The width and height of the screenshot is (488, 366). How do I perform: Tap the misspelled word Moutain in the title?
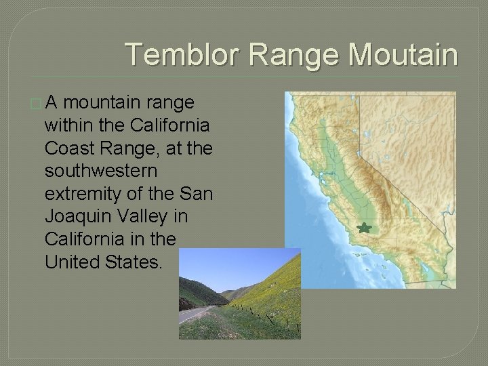pos(403,55)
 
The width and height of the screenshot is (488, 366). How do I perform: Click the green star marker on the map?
pos(365,228)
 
